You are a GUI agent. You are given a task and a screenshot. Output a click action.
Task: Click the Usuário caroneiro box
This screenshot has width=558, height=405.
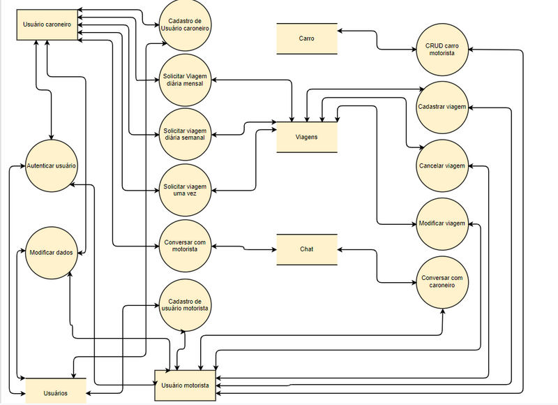tap(47, 24)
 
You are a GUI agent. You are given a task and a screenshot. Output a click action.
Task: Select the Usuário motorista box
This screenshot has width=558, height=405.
tap(184, 385)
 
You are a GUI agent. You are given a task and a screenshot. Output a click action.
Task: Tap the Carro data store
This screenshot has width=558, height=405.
tap(307, 39)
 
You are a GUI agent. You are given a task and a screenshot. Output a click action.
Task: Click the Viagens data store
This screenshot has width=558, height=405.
tap(307, 137)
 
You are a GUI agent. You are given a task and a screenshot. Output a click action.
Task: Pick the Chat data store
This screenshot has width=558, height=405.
tap(307, 249)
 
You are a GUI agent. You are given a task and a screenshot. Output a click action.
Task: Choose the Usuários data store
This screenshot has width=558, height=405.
tap(56, 392)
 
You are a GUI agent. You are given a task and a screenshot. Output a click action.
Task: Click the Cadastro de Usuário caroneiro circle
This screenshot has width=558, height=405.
tap(185, 25)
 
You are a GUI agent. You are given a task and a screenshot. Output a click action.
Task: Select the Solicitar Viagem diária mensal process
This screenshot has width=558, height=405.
tap(185, 80)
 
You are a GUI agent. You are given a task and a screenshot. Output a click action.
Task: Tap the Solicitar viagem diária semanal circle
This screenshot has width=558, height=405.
tap(185, 134)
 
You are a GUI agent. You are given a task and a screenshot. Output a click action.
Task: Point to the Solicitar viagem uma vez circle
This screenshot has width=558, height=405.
tap(185, 189)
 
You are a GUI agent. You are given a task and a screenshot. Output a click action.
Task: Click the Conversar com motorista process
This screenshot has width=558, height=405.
tap(185, 245)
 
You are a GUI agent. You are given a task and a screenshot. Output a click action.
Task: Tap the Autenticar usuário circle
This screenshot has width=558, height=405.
tap(51, 166)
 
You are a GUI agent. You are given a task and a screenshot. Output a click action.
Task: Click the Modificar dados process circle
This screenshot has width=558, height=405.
tap(51, 252)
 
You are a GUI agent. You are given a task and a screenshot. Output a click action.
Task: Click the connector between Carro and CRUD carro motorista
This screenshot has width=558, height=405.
tap(377, 40)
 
